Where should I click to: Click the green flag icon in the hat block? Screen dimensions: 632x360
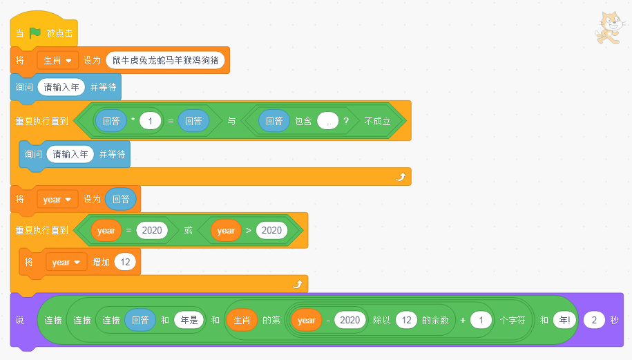pos(35,32)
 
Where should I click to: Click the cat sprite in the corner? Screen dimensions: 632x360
pos(608,30)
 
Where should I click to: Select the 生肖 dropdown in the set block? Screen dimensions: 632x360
pos(57,61)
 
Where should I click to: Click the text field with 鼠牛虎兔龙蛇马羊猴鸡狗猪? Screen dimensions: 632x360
pos(166,61)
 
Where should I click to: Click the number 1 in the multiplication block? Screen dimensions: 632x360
pos(150,121)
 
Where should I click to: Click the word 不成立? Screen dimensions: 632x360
pos(378,121)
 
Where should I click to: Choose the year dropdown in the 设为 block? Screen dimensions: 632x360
pos(57,199)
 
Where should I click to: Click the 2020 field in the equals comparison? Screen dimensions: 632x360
pos(152,230)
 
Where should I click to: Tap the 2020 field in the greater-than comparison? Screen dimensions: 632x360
pos(272,230)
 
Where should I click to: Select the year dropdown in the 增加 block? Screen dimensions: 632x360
pos(66,262)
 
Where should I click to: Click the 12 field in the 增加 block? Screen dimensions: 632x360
pos(125,262)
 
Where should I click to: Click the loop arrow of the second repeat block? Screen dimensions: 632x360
pos(298,283)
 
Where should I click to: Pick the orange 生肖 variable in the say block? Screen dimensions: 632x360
pos(242,320)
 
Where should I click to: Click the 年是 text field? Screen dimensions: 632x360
pos(189,320)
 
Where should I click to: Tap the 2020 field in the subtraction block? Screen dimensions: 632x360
pos(350,320)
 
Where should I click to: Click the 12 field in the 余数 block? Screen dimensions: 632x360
pos(408,320)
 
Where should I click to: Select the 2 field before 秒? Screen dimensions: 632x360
pos(594,320)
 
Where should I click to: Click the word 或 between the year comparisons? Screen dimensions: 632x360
pos(188,230)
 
